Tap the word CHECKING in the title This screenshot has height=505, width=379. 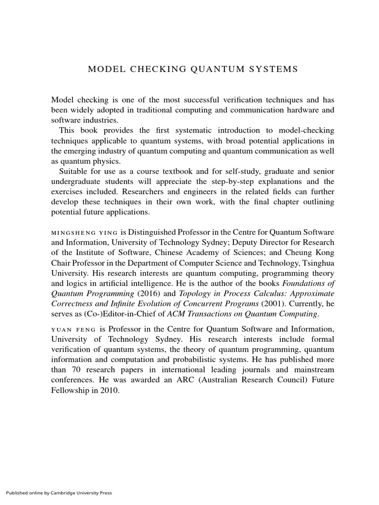click(x=157, y=69)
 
